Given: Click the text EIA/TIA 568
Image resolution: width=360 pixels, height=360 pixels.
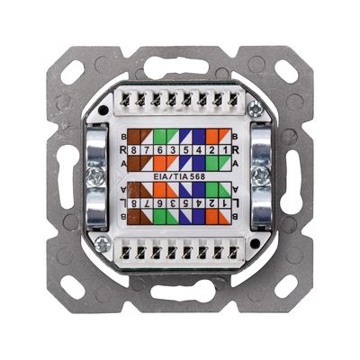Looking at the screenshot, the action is [x=179, y=176].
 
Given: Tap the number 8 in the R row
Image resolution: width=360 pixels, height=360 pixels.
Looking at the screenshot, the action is [x=134, y=150].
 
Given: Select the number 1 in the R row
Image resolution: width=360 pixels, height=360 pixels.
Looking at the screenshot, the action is [x=224, y=150].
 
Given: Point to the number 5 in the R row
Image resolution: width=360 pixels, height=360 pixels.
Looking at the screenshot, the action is [x=185, y=150].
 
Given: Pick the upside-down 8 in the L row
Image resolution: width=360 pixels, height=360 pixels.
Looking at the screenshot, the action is [x=134, y=203].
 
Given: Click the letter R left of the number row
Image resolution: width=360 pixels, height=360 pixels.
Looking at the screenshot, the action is [x=122, y=150].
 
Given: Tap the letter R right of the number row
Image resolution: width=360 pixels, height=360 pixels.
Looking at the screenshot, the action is [x=236, y=150].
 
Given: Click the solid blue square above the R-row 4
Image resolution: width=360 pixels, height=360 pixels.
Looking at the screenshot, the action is [x=199, y=137].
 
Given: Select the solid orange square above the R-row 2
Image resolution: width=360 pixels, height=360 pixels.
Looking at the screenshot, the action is [x=211, y=137].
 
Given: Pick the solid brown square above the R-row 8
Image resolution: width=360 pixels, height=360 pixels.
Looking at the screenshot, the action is [x=134, y=137].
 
